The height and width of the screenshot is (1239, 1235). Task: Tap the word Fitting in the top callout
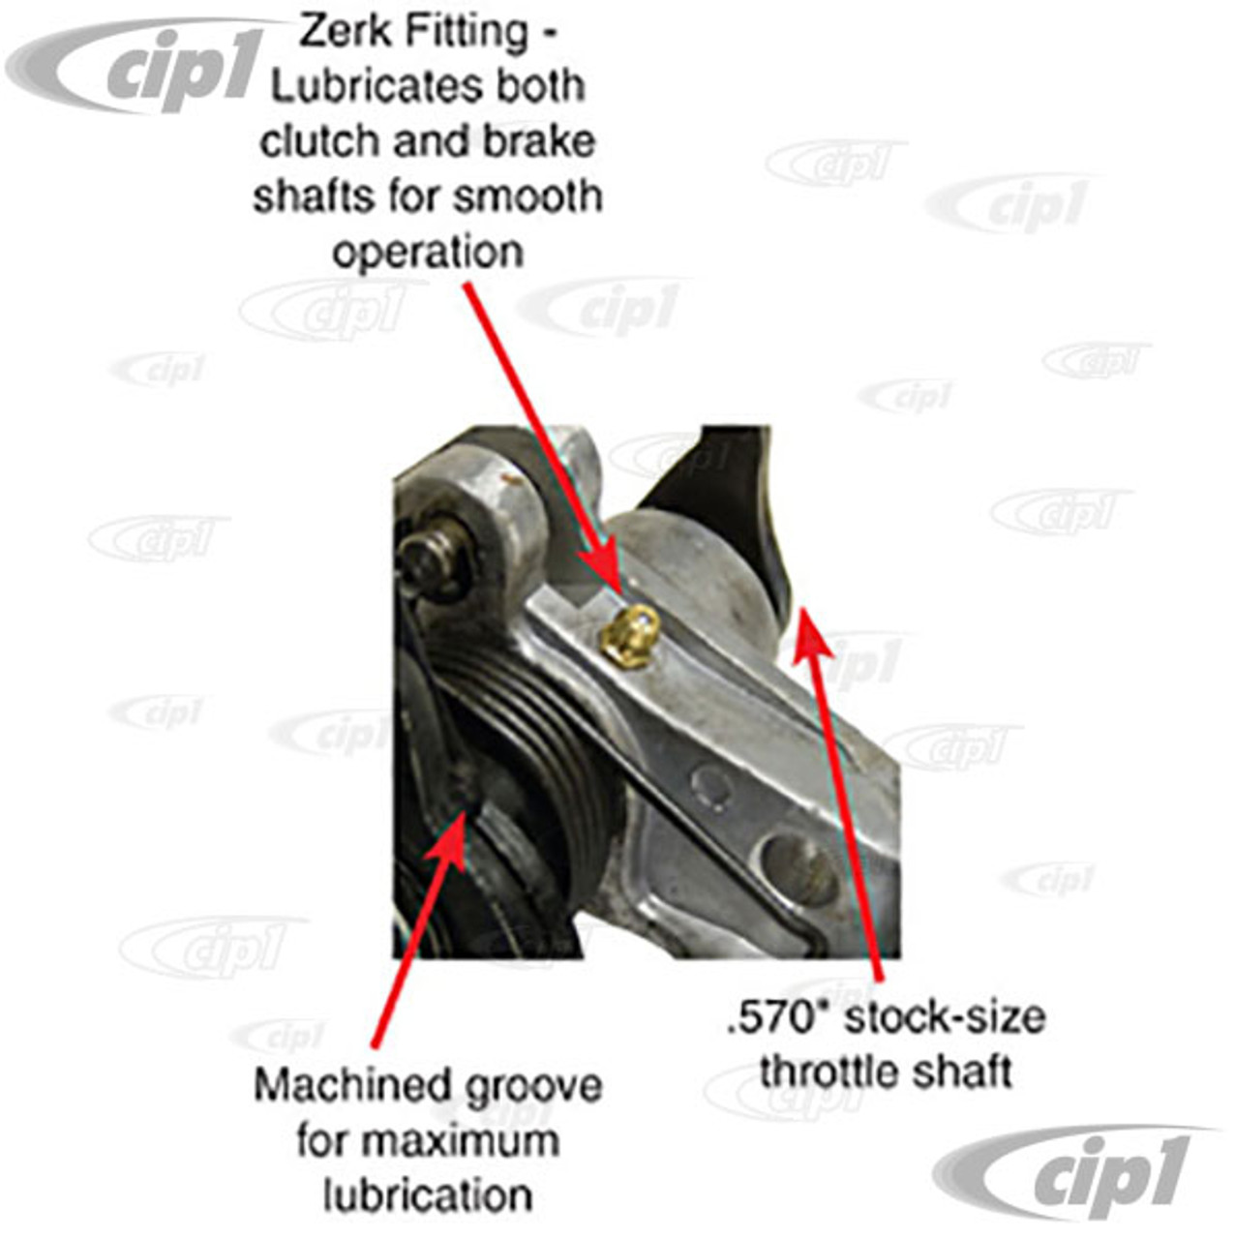[x=468, y=33]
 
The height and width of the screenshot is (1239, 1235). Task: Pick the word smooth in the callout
[x=527, y=197]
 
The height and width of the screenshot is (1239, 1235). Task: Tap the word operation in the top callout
[x=428, y=253]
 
